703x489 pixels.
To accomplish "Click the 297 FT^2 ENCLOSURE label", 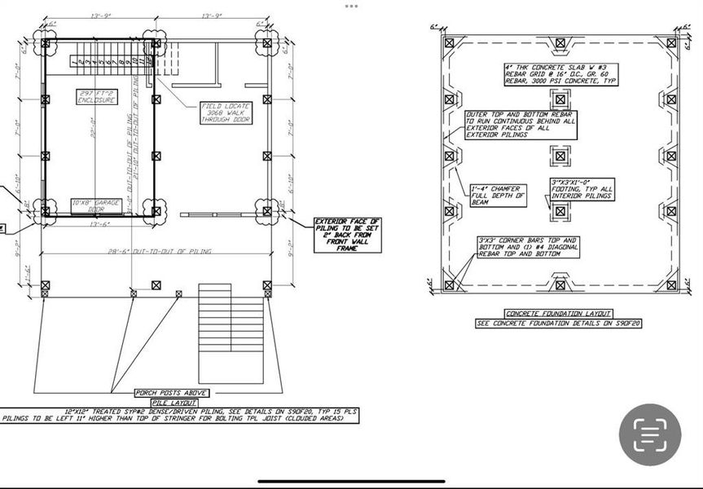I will click(97, 96).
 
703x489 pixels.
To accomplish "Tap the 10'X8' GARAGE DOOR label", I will click(95, 205).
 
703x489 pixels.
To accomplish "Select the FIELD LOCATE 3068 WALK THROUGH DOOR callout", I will click(226, 113).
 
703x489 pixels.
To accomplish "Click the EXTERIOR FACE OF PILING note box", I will click(347, 235).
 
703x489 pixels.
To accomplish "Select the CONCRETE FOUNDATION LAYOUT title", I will click(558, 314).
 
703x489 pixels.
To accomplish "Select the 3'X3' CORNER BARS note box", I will click(528, 247).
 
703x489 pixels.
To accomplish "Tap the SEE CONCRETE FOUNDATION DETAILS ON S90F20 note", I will click(558, 324).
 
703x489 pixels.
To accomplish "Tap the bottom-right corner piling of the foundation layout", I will click(671, 284).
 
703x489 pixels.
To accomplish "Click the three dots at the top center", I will click(351, 6).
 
